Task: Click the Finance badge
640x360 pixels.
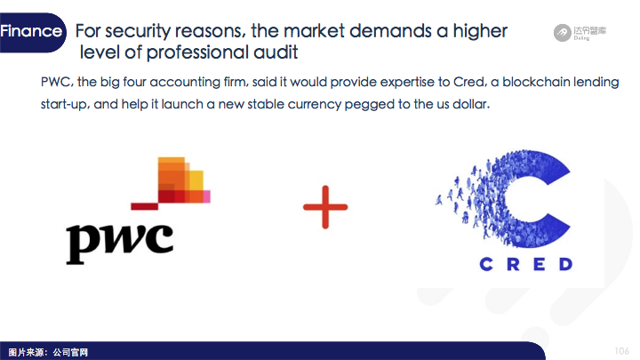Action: (32, 32)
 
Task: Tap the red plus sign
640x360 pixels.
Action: (325, 207)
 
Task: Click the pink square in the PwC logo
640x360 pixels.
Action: (207, 196)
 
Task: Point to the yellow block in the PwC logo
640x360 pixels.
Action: (196, 180)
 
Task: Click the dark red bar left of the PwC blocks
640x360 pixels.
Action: (144, 206)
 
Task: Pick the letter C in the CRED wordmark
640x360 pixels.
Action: (486, 264)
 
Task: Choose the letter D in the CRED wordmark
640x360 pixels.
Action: (565, 264)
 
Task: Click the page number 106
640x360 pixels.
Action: (621, 350)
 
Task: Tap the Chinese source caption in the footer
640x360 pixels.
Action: (48, 352)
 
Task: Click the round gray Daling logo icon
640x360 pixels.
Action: (562, 33)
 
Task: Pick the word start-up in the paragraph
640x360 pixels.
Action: (64, 105)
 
